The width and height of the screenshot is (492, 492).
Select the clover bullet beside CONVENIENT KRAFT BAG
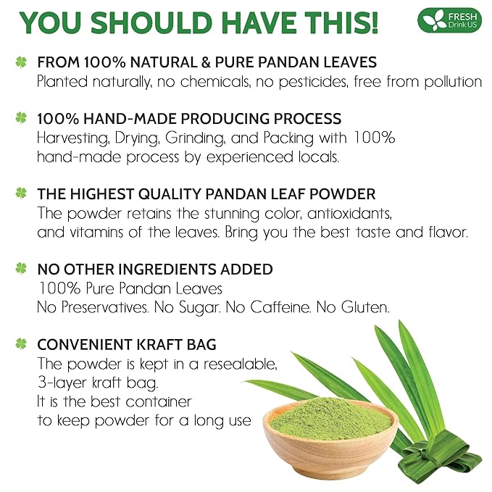pyautogui.click(x=21, y=343)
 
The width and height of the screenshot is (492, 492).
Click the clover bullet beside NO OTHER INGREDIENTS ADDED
pyautogui.click(x=21, y=268)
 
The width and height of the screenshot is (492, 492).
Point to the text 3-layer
pyautogui.click(x=64, y=382)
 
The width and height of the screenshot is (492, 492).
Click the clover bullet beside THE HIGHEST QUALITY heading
pyautogui.click(x=21, y=193)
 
